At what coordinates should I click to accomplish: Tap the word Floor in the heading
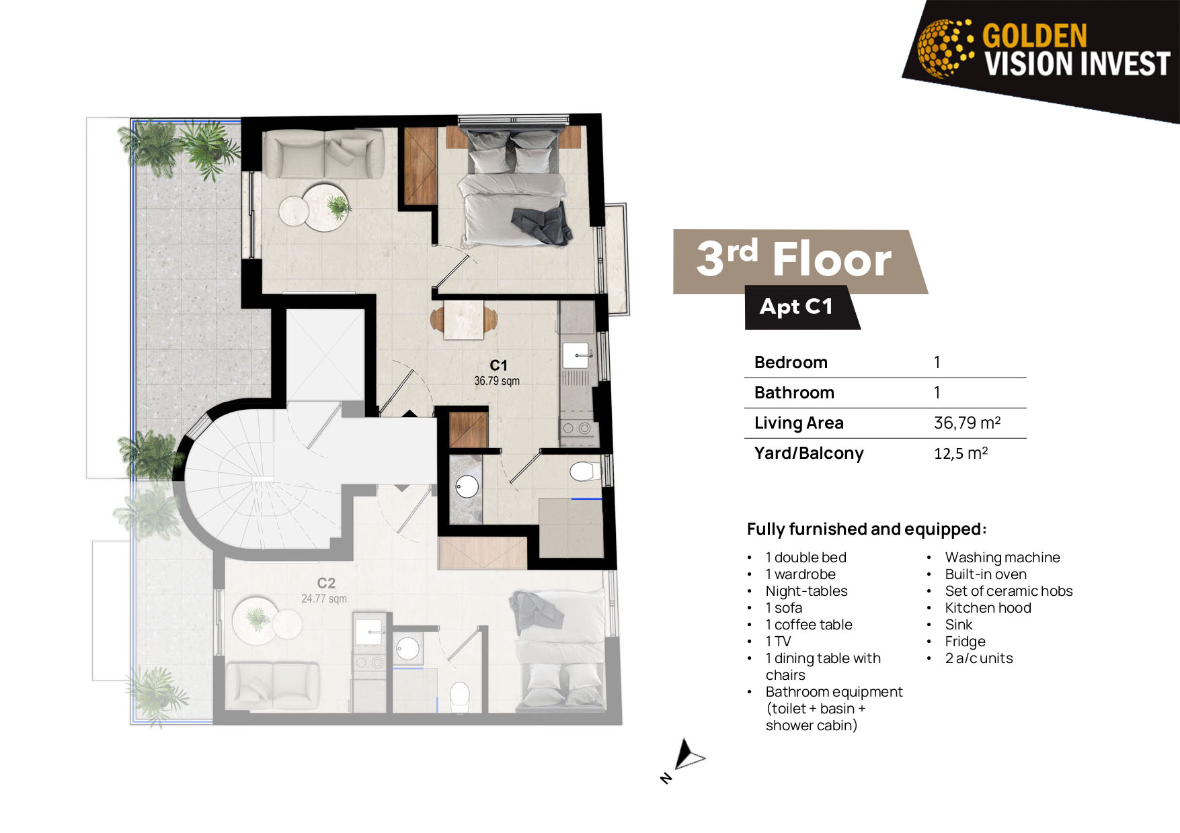tap(832, 259)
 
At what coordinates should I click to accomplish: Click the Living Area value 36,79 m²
tap(967, 423)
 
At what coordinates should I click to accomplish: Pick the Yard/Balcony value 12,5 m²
tap(961, 453)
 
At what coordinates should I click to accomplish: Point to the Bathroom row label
tap(794, 392)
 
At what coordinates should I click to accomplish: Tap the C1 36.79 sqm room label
tap(497, 373)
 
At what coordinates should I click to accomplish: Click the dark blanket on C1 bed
tap(542, 224)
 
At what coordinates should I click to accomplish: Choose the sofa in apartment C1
tap(324, 155)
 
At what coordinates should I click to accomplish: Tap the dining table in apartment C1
tap(464, 319)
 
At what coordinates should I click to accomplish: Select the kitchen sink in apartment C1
tap(576, 355)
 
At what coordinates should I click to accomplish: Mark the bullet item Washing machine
tap(1002, 558)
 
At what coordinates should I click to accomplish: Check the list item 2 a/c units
tap(979, 658)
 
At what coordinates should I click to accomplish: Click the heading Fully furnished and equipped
tap(867, 529)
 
